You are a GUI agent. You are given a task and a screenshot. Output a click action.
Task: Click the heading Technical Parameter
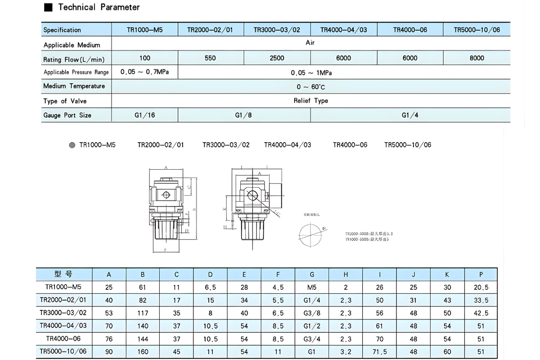point(99,7)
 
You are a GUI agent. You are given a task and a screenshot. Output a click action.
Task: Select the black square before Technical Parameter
point(48,7)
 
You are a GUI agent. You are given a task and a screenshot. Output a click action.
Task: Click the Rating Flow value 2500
point(277,58)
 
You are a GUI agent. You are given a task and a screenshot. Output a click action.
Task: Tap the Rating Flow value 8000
point(477,58)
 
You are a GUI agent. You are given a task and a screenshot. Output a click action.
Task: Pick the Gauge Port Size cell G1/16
point(144,115)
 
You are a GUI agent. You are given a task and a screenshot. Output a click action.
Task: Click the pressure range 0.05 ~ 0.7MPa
point(144,72)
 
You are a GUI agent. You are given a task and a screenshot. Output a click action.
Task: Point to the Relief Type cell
point(310,101)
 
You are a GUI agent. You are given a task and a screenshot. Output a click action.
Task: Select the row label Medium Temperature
point(74,86)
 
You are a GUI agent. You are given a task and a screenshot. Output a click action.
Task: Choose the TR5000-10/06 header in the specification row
point(477,30)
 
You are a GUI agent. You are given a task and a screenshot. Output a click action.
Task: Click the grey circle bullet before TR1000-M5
point(72,145)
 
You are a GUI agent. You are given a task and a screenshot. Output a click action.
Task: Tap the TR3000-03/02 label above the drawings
point(225,145)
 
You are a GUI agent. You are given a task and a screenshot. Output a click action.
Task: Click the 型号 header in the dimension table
point(63,274)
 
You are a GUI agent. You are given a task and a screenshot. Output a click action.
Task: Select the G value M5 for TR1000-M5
point(312,287)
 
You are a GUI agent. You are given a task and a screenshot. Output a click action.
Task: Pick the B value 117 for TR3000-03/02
point(143,313)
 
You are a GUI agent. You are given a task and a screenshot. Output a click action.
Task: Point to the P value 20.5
point(481,287)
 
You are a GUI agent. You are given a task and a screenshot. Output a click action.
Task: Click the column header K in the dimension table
point(447,274)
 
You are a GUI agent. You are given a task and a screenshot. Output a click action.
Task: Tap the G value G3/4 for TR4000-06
point(312,338)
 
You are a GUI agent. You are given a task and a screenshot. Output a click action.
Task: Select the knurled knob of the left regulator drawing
point(166,231)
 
